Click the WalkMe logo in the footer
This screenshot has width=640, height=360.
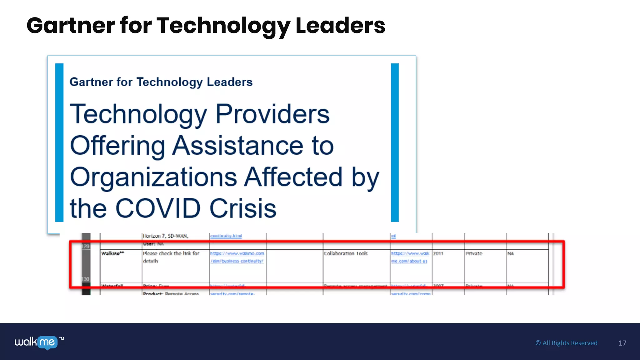[36, 342]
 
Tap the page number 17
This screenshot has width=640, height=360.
[622, 343]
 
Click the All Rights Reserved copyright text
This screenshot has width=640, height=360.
[566, 343]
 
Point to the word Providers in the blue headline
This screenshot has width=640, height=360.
[272, 114]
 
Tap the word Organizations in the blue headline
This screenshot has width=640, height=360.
[153, 177]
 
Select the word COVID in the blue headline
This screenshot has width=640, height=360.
[158, 208]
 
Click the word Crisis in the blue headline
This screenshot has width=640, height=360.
[243, 208]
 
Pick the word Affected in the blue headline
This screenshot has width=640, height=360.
[293, 177]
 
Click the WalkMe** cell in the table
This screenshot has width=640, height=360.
[112, 253]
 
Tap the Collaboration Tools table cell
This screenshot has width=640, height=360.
[346, 253]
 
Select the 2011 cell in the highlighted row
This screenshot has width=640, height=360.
[438, 253]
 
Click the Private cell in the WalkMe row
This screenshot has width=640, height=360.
[474, 253]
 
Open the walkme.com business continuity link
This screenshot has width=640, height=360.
[237, 257]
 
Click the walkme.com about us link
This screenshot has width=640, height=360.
[410, 257]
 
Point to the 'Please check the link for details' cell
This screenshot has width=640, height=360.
[171, 257]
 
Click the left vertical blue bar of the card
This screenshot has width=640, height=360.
[59, 142]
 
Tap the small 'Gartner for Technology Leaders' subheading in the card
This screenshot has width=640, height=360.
[161, 82]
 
